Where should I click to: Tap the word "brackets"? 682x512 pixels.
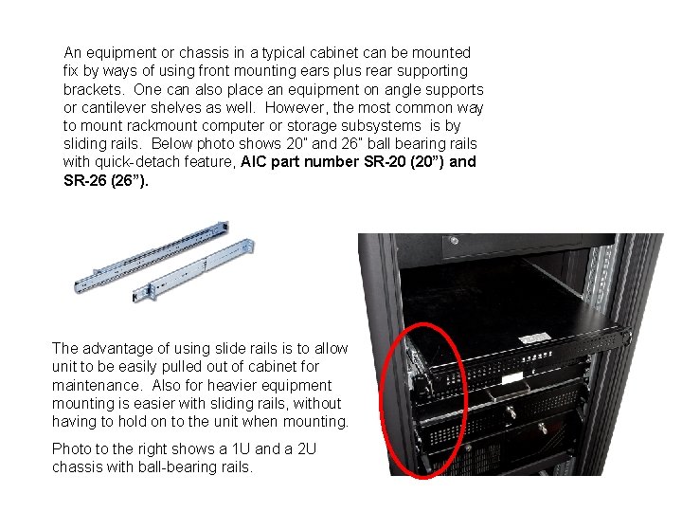pyautogui.click(x=93, y=89)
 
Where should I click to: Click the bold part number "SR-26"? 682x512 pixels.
pyautogui.click(x=85, y=180)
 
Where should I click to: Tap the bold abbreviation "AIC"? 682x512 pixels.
pyautogui.click(x=257, y=162)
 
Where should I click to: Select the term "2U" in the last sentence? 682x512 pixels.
pyautogui.click(x=303, y=448)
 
